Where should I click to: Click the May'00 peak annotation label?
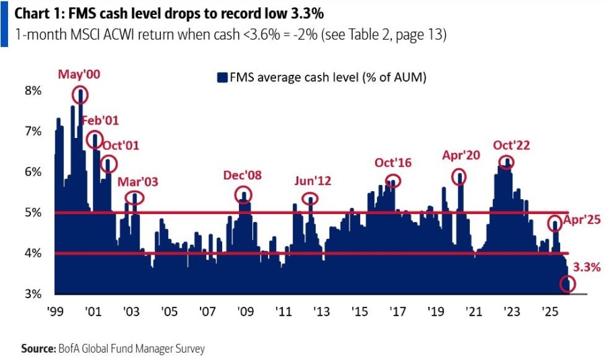click(79, 75)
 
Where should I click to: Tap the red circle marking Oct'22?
click(506, 162)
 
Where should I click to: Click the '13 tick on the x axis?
click(321, 312)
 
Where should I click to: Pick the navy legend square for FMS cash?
click(222, 78)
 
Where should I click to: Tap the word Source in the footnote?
click(36, 349)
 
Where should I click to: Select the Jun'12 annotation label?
click(314, 181)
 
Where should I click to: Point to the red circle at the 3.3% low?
click(568, 284)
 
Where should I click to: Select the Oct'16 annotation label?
click(394, 163)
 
